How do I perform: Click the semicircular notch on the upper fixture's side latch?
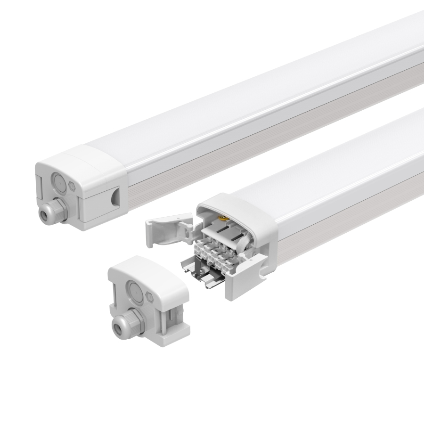pyautogui.click(x=114, y=198)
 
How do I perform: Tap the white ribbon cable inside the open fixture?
pyautogui.click(x=236, y=231)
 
